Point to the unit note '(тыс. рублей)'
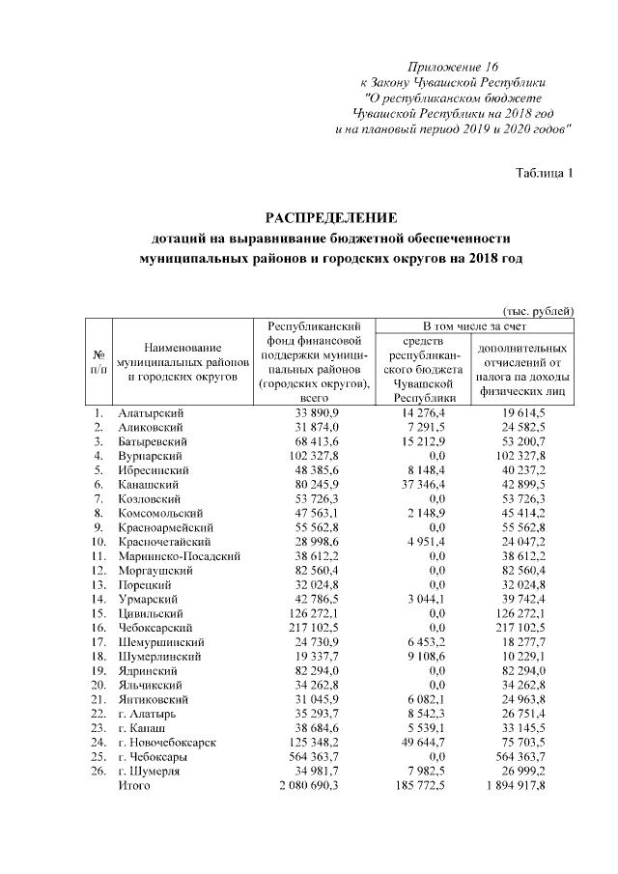coord(539,310)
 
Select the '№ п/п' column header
coord(98,361)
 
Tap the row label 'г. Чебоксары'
coord(152,758)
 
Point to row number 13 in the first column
coord(98,585)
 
